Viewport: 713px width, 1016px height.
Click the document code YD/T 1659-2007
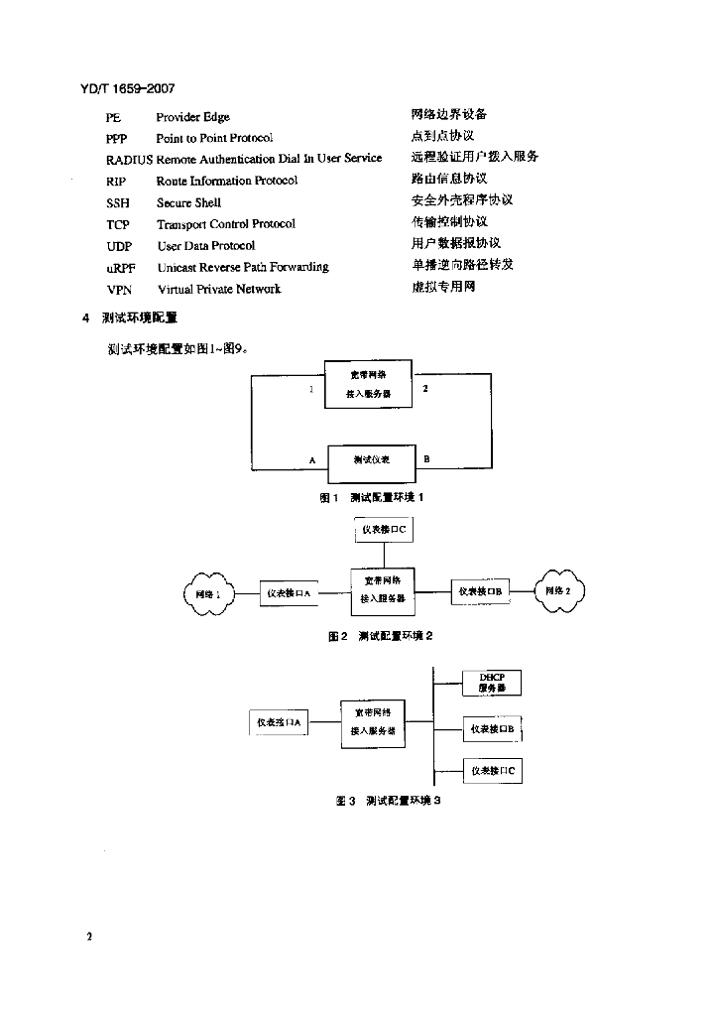coord(127,89)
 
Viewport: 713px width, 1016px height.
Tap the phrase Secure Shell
coord(188,202)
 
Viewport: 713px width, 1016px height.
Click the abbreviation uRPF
coord(120,268)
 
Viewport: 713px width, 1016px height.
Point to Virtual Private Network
coord(218,290)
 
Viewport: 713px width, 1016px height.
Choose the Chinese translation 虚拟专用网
coord(443,288)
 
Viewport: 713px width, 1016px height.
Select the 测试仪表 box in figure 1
coord(372,460)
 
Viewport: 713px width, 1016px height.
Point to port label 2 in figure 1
coord(425,388)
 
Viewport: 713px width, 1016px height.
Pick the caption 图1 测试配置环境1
coord(372,498)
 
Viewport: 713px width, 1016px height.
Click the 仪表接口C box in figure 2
coord(384,531)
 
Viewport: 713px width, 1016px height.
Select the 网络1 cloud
coord(207,593)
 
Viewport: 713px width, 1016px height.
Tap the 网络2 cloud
coord(559,591)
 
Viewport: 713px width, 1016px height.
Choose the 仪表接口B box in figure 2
coord(481,592)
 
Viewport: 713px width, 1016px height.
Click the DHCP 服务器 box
coord(492,684)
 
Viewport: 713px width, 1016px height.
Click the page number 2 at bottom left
coord(89,936)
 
